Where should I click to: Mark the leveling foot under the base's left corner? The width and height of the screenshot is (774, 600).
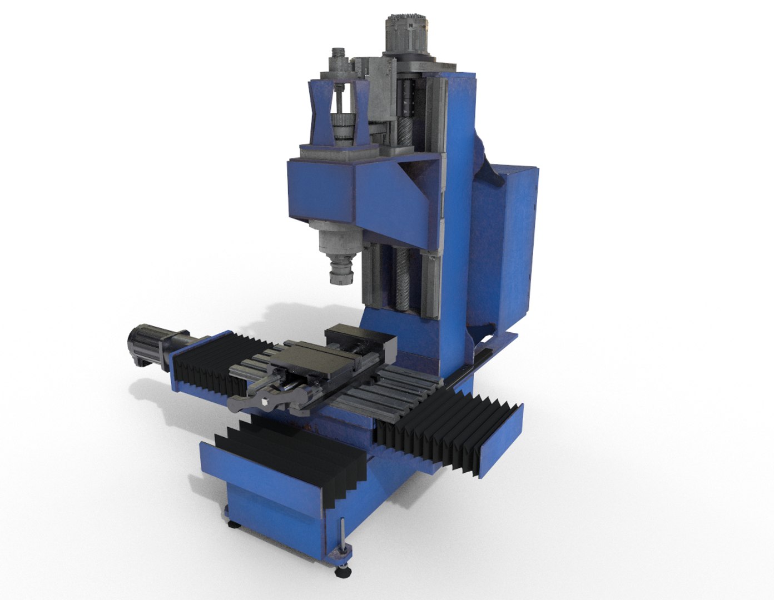tap(230, 521)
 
